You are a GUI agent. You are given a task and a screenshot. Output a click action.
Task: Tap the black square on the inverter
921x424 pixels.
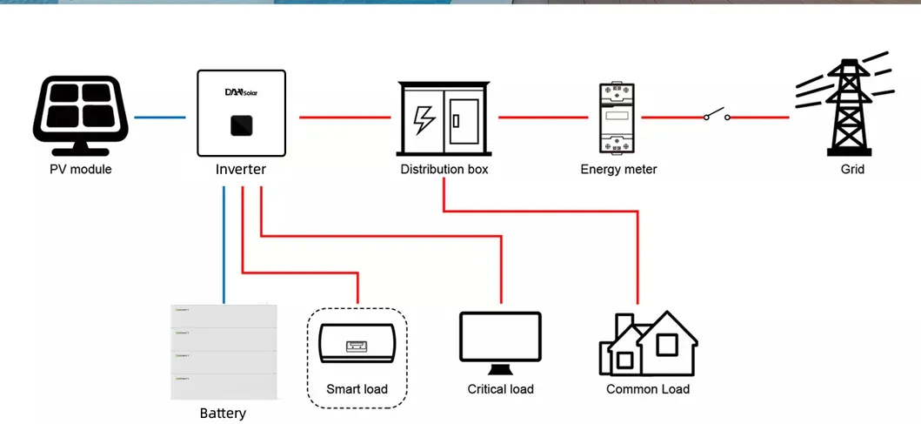point(241,125)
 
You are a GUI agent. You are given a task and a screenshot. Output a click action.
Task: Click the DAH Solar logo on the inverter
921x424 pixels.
point(241,91)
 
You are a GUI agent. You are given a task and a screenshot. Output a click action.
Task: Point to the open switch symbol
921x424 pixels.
point(716,116)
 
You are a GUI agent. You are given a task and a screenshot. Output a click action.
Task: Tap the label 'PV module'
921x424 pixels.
point(81,169)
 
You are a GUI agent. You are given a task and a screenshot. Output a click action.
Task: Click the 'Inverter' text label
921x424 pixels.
point(241,169)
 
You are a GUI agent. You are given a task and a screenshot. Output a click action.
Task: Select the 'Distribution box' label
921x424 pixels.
point(444,169)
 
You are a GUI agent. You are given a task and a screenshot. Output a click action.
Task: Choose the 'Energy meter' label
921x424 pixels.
point(618,169)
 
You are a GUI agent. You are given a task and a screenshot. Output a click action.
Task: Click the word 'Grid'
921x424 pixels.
point(852,169)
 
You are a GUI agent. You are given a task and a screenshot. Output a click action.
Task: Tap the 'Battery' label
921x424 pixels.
point(223,414)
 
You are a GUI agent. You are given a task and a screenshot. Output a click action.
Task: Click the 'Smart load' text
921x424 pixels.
point(357,388)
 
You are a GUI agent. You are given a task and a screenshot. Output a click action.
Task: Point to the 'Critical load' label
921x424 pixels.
point(500,388)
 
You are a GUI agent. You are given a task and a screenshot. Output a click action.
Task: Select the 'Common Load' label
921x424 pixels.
point(648,388)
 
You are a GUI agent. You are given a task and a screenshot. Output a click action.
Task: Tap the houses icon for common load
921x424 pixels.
point(648,344)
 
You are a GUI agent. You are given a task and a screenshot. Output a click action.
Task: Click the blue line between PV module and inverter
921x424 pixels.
point(160,117)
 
